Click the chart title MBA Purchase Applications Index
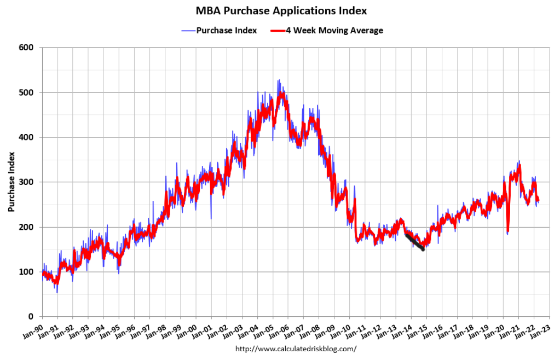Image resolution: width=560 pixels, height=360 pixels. click(281, 10)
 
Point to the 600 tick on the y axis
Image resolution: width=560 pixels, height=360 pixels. click(27, 48)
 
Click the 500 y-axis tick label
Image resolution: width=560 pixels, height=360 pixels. click(27, 92)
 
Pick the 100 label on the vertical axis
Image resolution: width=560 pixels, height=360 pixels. click(27, 272)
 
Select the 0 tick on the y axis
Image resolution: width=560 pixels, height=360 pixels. click(31, 317)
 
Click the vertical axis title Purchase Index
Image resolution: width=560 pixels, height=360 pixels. click(11, 182)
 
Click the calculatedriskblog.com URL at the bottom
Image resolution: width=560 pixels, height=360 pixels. click(296, 349)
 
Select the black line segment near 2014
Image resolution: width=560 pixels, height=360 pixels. click(414, 242)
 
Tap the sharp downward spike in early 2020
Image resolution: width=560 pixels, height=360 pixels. click(508, 233)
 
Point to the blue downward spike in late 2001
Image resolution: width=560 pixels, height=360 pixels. click(211, 218)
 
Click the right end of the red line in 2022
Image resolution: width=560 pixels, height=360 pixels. click(539, 200)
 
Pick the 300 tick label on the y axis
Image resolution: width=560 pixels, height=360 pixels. click(27, 182)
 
